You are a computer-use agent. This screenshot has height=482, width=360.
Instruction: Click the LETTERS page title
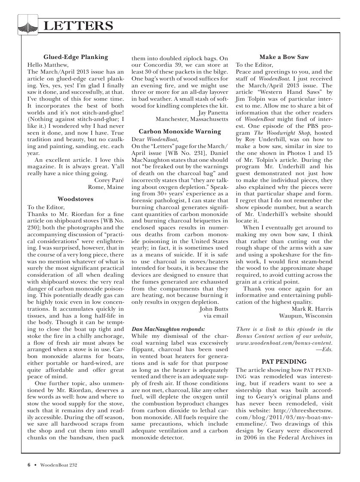coord(78,26)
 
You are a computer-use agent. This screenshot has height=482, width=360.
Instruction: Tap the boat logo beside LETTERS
coord(27,25)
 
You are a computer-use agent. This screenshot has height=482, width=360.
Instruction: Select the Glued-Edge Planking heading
coord(76,57)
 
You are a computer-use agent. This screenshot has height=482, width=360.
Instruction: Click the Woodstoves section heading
coord(76,199)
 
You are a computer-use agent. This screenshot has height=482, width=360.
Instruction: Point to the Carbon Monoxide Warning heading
coord(180,132)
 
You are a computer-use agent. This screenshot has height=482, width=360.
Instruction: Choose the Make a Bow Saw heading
coord(284,57)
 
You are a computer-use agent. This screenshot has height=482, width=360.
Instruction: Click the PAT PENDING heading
coord(284,361)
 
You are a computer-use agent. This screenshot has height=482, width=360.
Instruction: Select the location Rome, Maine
coord(106,187)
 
